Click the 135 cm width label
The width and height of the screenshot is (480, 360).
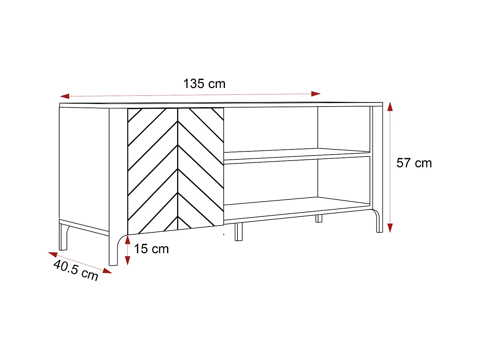click(204, 84)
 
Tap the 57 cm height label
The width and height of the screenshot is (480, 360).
click(414, 163)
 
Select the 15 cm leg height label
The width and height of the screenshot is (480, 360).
click(151, 249)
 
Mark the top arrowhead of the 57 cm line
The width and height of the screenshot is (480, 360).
click(390, 107)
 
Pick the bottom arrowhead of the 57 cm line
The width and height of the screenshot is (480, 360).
click(390, 228)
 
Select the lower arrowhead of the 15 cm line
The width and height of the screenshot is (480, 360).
click(128, 260)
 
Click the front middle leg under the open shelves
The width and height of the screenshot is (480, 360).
click(239, 232)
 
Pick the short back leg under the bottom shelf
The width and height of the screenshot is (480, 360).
click(319, 218)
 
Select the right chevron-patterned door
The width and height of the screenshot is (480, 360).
click(201, 166)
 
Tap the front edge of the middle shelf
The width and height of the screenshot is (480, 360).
click(297, 158)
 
